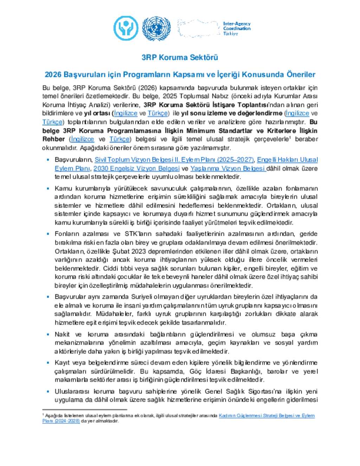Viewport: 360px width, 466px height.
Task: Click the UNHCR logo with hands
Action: tap(126, 28)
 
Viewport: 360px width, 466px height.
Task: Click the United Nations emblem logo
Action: tap(156, 28)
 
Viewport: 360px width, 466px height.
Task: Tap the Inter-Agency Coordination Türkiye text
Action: tap(237, 28)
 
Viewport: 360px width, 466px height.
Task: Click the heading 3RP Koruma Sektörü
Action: tap(180, 57)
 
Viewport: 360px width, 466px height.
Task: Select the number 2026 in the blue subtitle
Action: tap(53, 75)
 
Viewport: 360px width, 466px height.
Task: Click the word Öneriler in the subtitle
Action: tap(301, 75)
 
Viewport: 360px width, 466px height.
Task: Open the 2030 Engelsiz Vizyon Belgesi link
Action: tap(136, 168)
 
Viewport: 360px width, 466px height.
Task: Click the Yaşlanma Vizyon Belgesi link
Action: tap(227, 168)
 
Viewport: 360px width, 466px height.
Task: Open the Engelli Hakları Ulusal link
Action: tap(287, 160)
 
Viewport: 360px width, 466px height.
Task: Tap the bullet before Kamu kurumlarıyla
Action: tap(48, 189)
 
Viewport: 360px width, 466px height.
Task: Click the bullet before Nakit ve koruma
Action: tap(48, 334)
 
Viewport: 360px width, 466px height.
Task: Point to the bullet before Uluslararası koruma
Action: tap(48, 391)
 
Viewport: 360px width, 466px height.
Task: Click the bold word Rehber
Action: tap(53, 139)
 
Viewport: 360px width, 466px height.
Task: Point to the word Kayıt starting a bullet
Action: tap(62, 363)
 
